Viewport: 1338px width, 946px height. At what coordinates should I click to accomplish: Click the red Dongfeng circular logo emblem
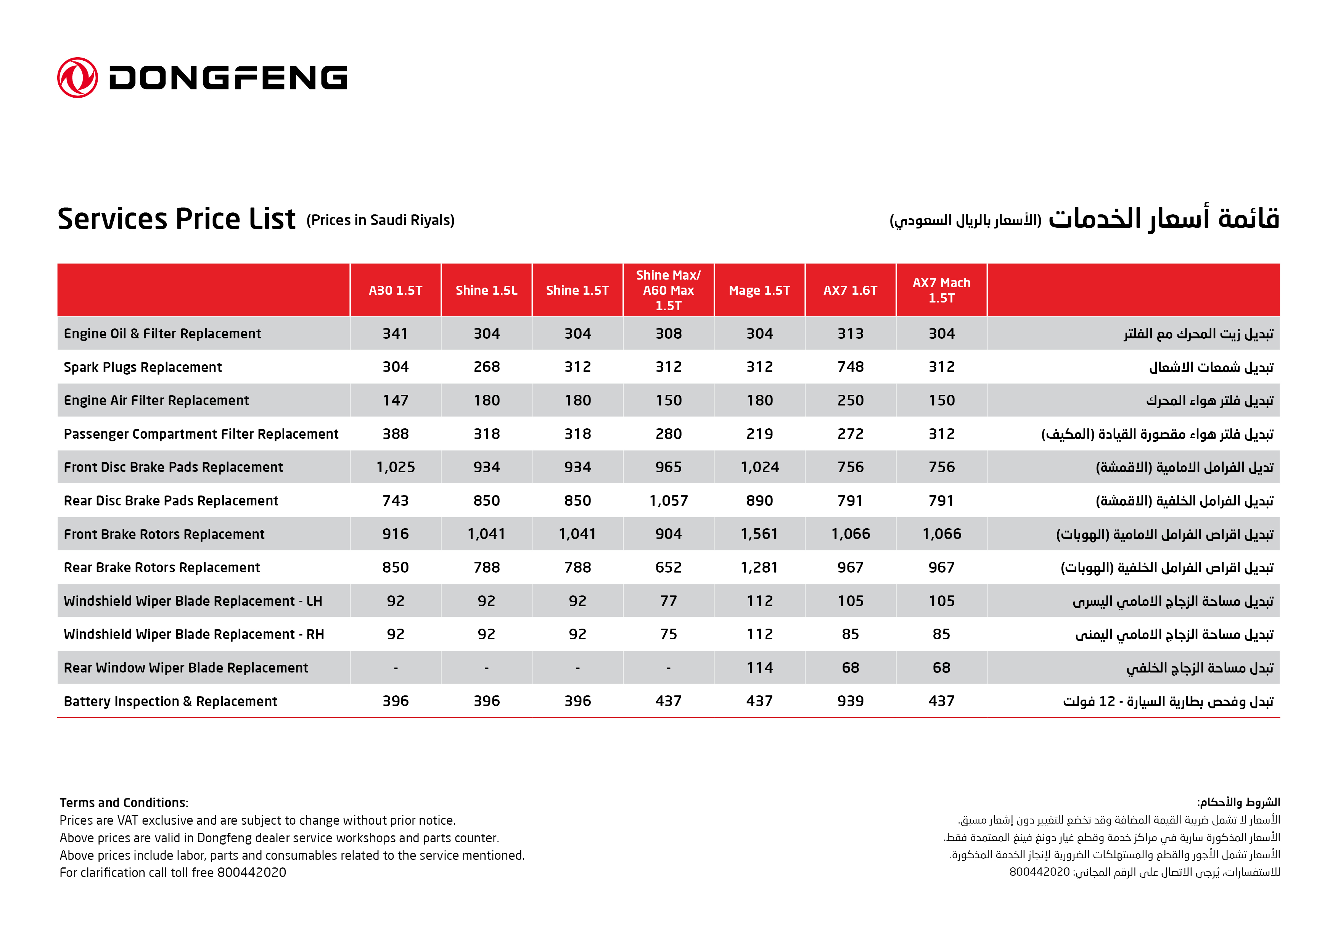(77, 77)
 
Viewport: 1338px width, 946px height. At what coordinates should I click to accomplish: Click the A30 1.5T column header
(395, 290)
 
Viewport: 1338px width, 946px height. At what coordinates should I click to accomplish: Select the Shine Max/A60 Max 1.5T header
(668, 290)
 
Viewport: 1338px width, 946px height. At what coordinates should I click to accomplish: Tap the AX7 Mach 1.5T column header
(941, 290)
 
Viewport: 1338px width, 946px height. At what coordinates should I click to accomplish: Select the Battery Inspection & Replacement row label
(170, 701)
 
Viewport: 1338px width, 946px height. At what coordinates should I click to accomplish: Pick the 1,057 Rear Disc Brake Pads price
(668, 501)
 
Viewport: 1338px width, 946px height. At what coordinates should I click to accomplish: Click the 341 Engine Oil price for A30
(395, 333)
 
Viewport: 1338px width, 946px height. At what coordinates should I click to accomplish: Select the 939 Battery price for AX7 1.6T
(850, 701)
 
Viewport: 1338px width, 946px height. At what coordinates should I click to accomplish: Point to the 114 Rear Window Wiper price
(759, 668)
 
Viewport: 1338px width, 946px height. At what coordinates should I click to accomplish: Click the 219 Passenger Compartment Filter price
(759, 434)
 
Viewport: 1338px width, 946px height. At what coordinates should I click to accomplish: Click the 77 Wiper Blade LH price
(668, 601)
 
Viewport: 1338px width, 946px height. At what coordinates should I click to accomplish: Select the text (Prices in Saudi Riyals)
(380, 220)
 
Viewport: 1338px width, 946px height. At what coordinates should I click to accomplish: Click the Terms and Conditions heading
(124, 803)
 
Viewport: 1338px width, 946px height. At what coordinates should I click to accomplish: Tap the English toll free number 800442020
(251, 872)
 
